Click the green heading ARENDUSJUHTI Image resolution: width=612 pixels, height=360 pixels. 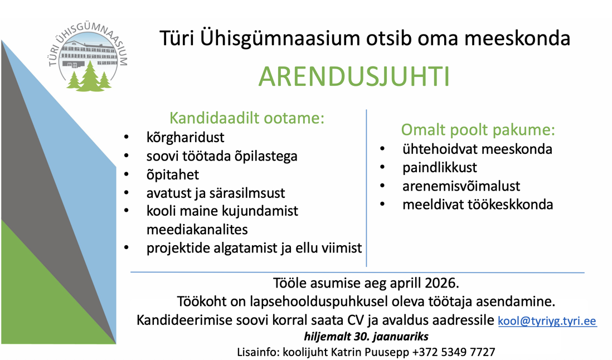pos(354,77)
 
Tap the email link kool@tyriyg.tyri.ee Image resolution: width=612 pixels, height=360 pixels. pos(547,320)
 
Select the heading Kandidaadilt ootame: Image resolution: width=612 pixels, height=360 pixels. pos(247,118)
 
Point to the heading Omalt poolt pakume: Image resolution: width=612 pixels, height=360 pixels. pos(478,129)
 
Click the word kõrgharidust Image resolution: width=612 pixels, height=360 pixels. pos(186,137)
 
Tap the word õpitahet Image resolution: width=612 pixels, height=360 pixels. pos(173,175)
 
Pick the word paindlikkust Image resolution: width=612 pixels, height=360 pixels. pos(439,167)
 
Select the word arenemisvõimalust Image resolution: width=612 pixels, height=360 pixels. pos(461,186)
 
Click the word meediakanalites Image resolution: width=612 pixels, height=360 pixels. pos(197,230)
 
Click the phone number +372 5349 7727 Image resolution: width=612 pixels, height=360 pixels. pos(454,352)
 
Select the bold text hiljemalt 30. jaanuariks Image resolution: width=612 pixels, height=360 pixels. pos(366,336)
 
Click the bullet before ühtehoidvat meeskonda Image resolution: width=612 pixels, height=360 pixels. pos(382,149)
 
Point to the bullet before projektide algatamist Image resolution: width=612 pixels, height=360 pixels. pos(127,247)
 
